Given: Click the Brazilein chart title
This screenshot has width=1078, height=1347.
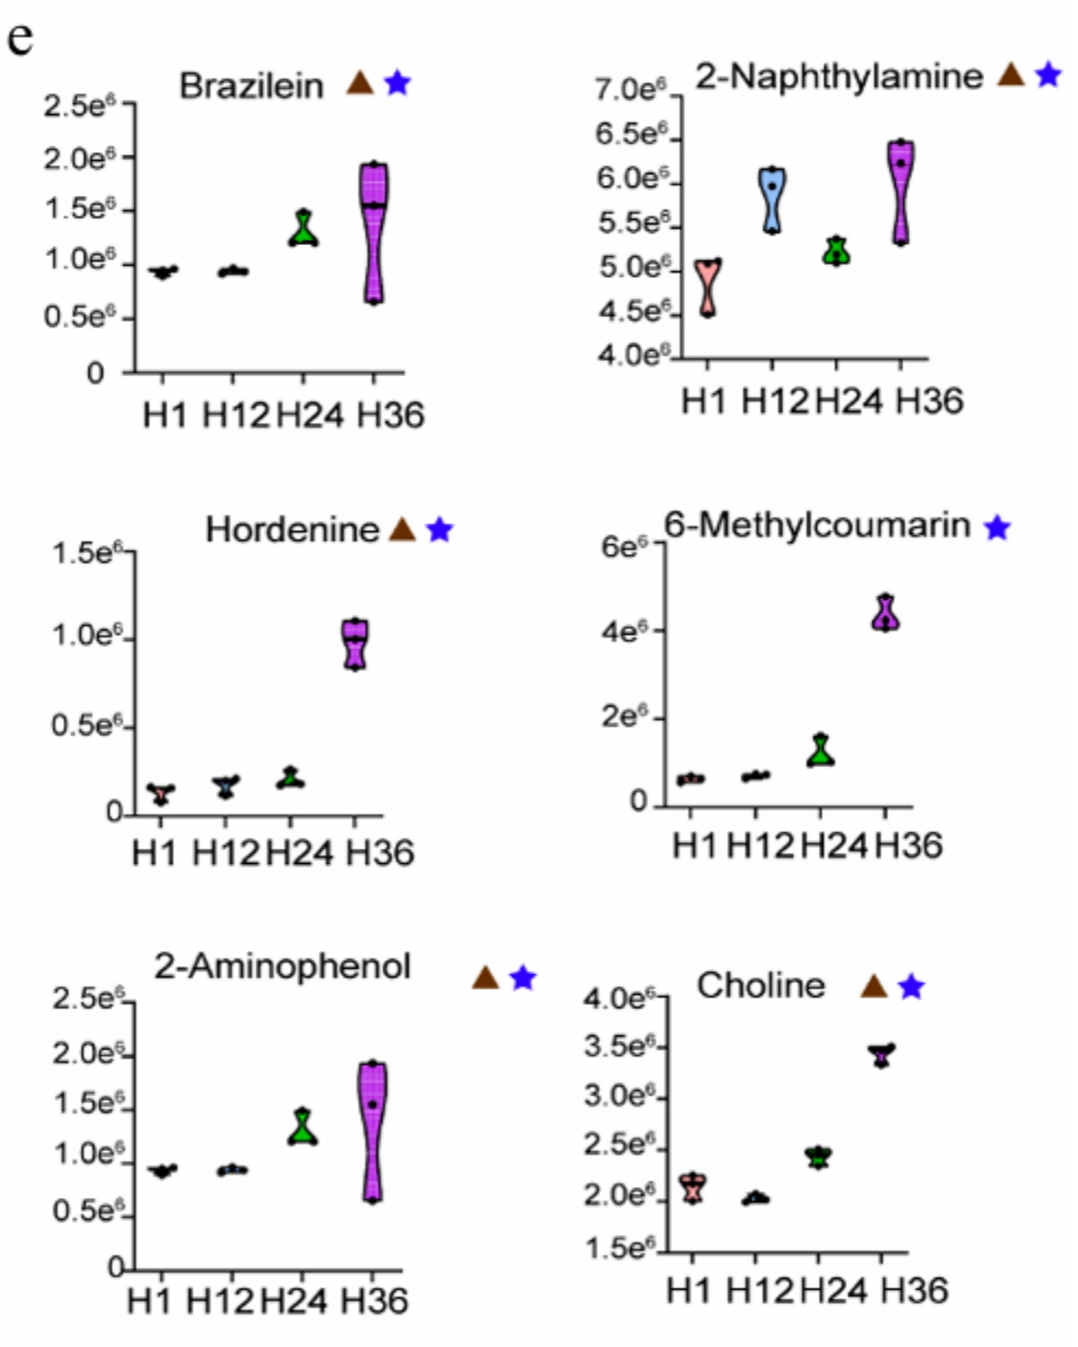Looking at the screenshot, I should (x=252, y=86).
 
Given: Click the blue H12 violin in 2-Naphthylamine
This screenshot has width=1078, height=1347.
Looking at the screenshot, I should (x=771, y=199).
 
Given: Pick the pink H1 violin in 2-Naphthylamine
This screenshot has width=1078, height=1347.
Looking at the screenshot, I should (x=709, y=287).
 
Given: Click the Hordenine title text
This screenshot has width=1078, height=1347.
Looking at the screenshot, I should (x=292, y=530).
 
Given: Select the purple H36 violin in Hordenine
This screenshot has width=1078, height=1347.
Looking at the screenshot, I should (x=356, y=644).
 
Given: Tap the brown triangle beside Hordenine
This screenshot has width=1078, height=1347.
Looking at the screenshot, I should (x=402, y=530).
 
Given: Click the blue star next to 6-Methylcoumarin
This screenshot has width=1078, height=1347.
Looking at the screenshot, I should (x=997, y=528).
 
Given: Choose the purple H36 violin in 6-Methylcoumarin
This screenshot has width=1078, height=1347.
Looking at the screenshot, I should (x=886, y=613).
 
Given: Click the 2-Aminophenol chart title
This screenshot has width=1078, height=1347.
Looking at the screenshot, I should (x=282, y=966).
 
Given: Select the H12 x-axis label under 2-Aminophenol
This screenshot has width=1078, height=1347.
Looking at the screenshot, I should (x=219, y=1299).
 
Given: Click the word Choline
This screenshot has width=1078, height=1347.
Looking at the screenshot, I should (x=761, y=986).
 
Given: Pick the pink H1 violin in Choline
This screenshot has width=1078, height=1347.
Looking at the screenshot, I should (x=693, y=1187).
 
